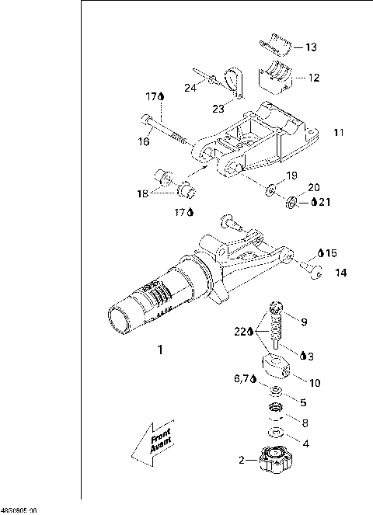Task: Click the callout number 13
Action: (311, 47)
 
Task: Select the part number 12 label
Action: (314, 78)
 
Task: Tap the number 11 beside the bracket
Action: (338, 132)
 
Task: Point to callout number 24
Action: (190, 89)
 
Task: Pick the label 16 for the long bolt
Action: (144, 141)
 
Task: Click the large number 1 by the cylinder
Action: (161, 350)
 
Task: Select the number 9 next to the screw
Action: (304, 322)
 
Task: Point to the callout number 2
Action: (242, 460)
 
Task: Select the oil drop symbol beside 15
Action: (321, 253)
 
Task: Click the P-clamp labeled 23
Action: (229, 80)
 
